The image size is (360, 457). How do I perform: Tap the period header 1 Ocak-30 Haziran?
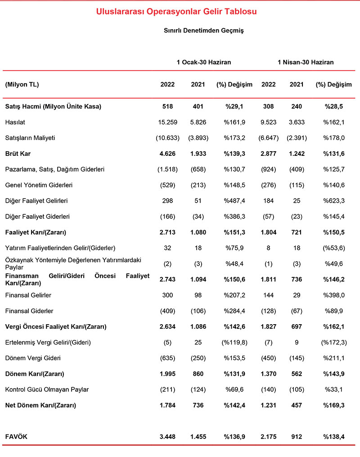[203, 62]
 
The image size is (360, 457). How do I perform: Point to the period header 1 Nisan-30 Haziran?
[306, 62]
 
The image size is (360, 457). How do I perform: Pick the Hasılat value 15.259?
[167, 122]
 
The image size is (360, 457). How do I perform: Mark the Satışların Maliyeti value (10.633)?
[167, 138]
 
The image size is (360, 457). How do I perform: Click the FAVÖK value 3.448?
[167, 437]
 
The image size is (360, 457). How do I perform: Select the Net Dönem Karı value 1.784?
[167, 405]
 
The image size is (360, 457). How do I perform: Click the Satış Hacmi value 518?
[167, 107]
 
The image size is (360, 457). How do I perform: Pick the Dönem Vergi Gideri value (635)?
[167, 358]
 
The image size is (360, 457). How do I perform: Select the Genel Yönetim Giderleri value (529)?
[167, 185]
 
